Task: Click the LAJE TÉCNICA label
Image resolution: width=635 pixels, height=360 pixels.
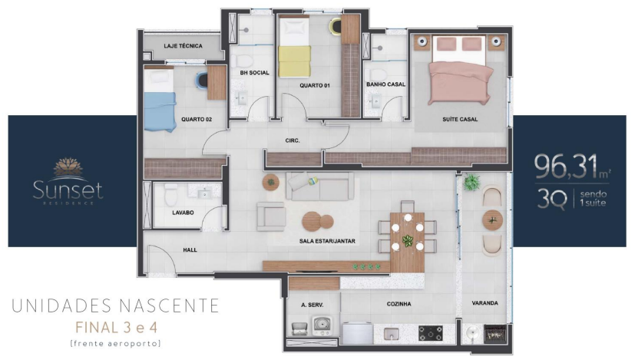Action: tap(183, 46)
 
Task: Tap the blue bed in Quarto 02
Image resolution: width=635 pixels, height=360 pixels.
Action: tap(160, 99)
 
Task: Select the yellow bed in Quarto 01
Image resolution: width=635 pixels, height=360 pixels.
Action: tap(294, 47)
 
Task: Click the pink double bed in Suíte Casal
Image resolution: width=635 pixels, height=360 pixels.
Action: tap(460, 71)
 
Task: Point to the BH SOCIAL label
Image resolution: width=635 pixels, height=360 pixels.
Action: tap(254, 72)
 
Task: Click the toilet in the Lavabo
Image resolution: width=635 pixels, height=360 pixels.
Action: tap(171, 195)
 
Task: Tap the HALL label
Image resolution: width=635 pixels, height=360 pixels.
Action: tap(190, 250)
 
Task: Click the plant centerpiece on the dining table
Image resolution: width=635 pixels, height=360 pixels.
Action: tap(408, 240)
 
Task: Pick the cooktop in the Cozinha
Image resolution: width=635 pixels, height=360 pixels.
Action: tap(430, 333)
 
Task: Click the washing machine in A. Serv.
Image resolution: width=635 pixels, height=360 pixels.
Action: tap(322, 325)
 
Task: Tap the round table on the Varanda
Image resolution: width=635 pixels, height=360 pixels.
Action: tap(492, 221)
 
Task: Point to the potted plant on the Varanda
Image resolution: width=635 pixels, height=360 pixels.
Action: tap(471, 182)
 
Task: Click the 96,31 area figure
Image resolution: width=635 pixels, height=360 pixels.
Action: tap(566, 167)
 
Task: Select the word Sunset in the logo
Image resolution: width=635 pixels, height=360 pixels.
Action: tap(68, 190)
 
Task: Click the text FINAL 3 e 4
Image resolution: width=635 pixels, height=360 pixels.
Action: tap(116, 327)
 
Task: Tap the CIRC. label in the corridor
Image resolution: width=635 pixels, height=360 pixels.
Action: tap(293, 140)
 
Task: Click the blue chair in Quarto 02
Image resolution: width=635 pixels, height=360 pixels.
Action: tap(201, 80)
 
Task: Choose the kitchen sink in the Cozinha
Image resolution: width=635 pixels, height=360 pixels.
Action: tap(391, 334)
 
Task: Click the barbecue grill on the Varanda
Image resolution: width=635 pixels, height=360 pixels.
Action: tap(495, 334)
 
